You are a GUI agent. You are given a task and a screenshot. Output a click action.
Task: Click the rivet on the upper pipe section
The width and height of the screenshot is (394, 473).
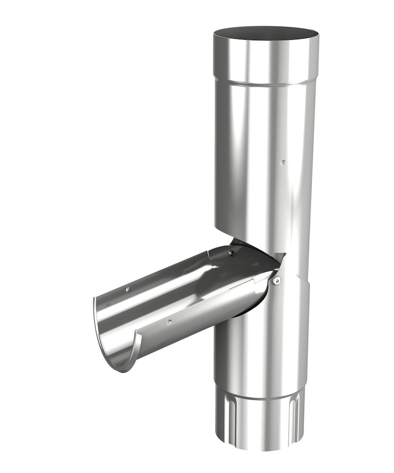click(283, 162)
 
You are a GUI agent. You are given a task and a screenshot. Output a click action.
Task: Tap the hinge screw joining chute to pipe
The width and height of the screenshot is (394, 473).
click(277, 280)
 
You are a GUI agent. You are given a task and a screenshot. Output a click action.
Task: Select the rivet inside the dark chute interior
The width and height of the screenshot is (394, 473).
click(231, 254)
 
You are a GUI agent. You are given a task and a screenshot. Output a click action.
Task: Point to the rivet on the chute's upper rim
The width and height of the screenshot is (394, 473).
click(128, 289)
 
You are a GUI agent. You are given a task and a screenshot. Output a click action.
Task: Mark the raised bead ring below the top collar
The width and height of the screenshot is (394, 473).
click(265, 84)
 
